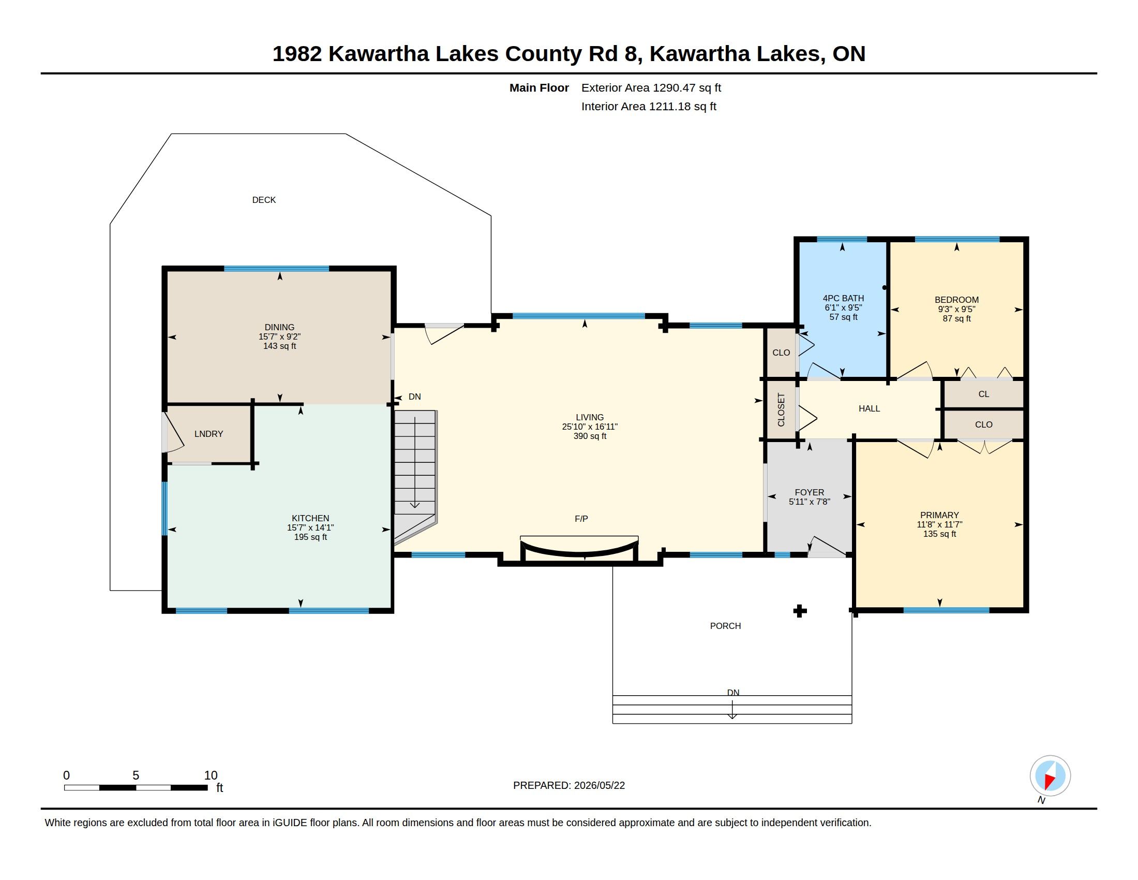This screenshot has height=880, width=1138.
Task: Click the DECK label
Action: tap(264, 200)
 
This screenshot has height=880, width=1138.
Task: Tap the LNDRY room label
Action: tap(208, 434)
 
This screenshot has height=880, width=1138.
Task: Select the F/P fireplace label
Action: tap(581, 519)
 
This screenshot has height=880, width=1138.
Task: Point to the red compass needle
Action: tap(1050, 781)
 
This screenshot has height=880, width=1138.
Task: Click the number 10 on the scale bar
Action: tap(211, 775)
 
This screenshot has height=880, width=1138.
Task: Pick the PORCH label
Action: tap(725, 626)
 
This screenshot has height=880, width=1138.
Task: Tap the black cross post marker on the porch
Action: tap(800, 611)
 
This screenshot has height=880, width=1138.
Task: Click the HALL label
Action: tap(869, 409)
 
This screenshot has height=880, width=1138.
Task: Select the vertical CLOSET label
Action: tap(781, 410)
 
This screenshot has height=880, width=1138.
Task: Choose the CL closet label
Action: tap(984, 394)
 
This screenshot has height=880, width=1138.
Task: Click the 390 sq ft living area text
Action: tap(590, 436)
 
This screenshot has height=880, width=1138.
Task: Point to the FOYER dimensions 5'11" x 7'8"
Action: tap(809, 502)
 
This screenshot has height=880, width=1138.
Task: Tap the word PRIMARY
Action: tap(939, 515)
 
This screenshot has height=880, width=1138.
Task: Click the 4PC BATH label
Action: tap(843, 298)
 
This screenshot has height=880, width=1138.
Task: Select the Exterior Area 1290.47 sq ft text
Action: tap(651, 87)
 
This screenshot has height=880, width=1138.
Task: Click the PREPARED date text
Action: tap(569, 785)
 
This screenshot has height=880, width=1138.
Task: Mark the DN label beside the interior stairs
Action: tap(415, 397)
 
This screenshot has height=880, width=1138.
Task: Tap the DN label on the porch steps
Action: tap(733, 692)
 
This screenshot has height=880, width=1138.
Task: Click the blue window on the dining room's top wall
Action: tap(277, 269)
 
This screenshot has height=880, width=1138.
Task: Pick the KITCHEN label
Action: tap(310, 518)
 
